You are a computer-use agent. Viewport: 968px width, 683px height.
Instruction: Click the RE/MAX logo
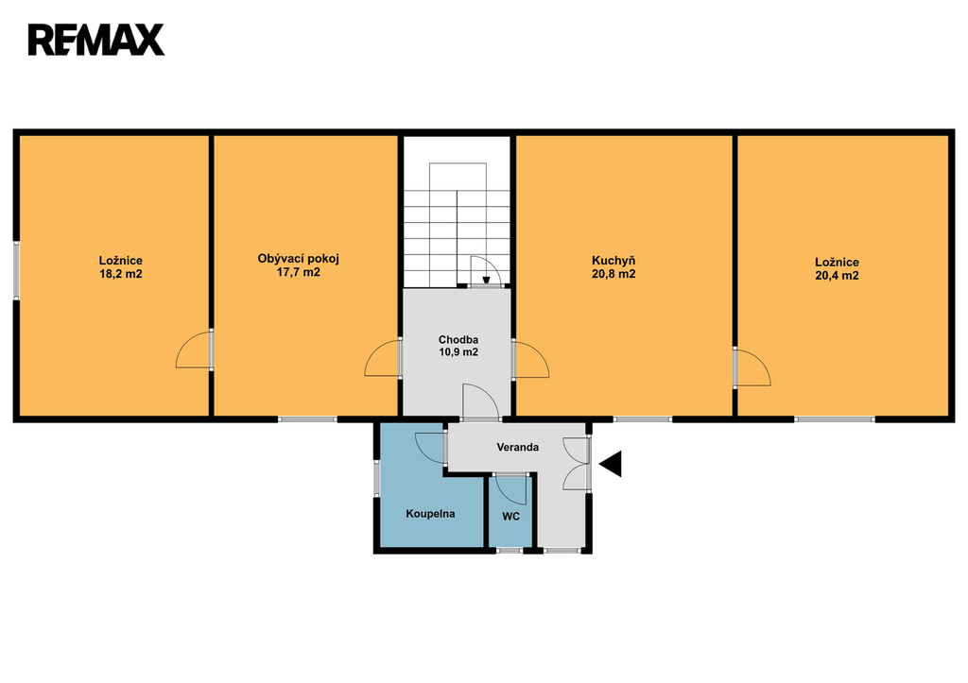coord(96,40)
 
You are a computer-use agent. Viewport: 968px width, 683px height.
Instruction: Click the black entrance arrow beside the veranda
coord(612,464)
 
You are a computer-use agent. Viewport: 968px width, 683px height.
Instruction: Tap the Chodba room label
coord(458,339)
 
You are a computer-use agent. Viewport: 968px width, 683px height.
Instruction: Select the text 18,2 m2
coord(121,274)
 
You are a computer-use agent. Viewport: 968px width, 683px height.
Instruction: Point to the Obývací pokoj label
coord(298,259)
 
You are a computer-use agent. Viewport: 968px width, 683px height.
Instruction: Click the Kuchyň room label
coord(614,261)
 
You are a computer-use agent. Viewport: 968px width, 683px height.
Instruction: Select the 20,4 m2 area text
coord(837,276)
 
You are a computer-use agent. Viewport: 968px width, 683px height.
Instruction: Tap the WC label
coord(510,517)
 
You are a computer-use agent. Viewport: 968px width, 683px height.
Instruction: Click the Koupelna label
coord(430,513)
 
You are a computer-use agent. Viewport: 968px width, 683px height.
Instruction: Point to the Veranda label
coord(517,448)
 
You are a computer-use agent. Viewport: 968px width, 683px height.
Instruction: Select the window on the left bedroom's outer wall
coord(17,271)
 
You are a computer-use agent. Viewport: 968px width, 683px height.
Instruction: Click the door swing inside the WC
coord(511,488)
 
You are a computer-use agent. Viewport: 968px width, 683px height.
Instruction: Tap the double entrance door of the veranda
coord(579,463)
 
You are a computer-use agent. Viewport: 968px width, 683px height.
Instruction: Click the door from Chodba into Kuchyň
coord(530,360)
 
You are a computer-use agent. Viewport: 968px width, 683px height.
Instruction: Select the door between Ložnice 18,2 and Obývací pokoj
coord(194,350)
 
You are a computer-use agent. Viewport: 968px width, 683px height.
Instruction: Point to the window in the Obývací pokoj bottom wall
coord(307,419)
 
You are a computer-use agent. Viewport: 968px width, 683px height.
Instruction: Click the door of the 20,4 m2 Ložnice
coord(752,367)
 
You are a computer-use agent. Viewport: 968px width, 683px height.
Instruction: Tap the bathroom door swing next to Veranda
coord(431,448)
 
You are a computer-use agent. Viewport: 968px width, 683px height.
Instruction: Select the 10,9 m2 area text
coord(458,352)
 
